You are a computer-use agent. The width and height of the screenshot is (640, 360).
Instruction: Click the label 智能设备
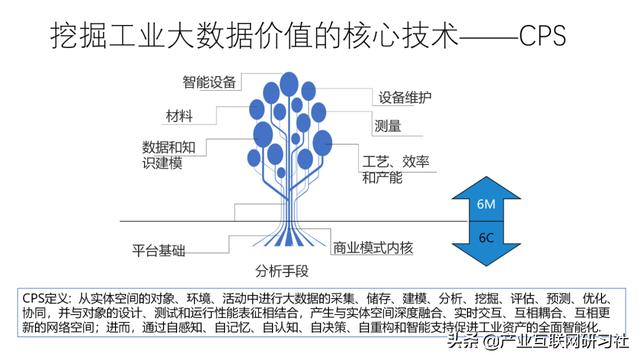pos(209,81)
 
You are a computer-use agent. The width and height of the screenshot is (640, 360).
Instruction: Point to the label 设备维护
pos(404,98)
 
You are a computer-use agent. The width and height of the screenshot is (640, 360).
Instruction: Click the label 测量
pos(387,127)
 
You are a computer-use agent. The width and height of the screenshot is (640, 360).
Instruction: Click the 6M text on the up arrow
pos(487,205)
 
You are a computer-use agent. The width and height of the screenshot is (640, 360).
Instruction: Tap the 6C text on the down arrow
pos(487,239)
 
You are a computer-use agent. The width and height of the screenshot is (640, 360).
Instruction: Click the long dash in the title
pos(485,38)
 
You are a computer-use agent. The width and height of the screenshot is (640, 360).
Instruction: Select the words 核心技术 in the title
pos(406,38)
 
